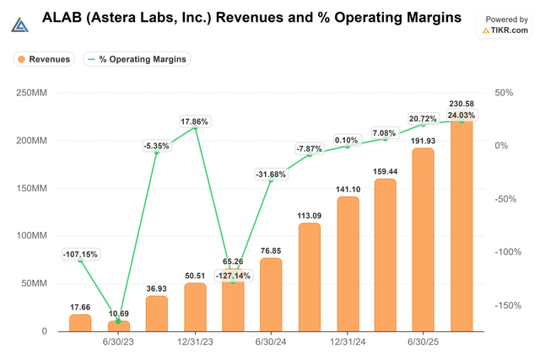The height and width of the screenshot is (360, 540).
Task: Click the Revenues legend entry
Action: point(43,59)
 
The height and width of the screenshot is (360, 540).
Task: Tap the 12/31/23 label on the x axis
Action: point(195,344)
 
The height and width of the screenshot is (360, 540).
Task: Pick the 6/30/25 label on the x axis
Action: point(424,344)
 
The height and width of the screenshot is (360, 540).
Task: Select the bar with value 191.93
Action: point(423,239)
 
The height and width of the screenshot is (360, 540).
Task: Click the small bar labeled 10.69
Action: point(119,325)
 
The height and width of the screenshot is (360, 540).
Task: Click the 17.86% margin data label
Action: point(195,121)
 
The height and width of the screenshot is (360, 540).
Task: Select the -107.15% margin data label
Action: point(81,254)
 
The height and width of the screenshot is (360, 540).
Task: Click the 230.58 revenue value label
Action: point(461,103)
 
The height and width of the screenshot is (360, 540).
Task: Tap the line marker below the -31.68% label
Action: point(271,181)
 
